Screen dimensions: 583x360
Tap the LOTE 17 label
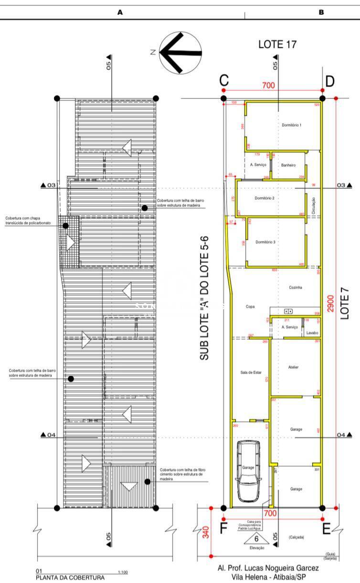click(x=277, y=44)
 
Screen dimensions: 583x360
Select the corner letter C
click(x=224, y=81)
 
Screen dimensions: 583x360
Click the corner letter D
click(x=329, y=81)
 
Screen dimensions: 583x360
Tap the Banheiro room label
click(x=288, y=165)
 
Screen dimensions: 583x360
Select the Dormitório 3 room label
click(x=265, y=242)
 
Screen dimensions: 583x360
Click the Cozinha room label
click(x=296, y=287)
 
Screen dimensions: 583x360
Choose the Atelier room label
click(x=294, y=367)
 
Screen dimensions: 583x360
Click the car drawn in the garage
click(x=248, y=471)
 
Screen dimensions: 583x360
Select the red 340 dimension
click(x=206, y=532)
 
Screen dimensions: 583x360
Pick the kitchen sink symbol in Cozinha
click(x=288, y=311)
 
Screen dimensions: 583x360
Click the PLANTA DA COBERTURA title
click(x=70, y=577)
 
